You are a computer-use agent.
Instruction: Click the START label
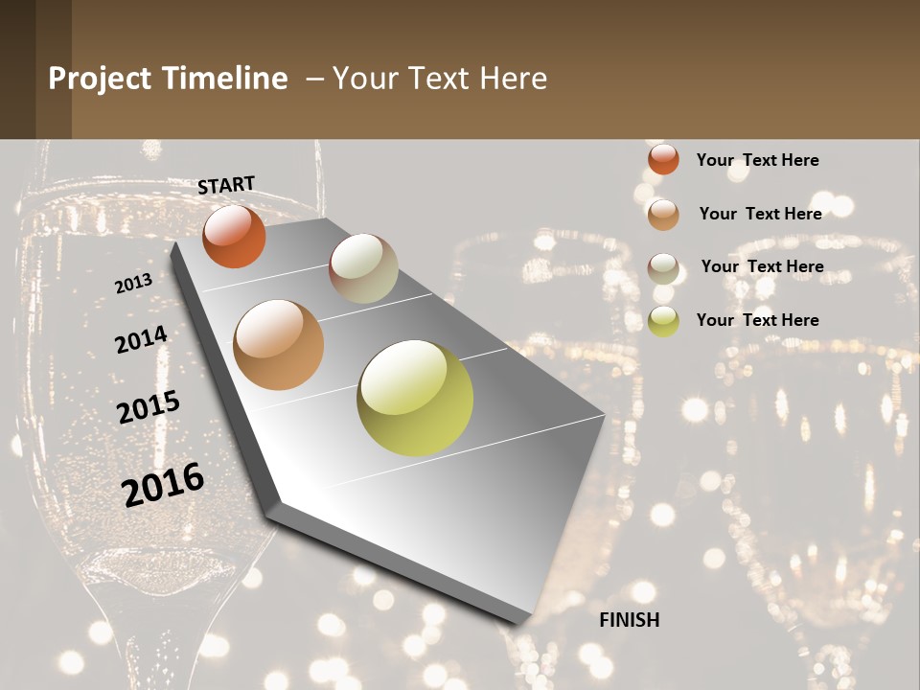(226, 185)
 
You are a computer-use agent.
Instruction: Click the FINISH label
(630, 620)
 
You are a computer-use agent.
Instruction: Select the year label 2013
(134, 284)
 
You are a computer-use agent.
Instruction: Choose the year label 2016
(163, 485)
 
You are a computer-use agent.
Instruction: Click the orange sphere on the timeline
(234, 236)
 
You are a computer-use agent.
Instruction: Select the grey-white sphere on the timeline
(363, 268)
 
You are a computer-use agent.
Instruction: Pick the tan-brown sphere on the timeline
(279, 345)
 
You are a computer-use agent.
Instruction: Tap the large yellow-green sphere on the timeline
(415, 398)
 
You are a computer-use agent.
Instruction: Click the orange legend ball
(663, 159)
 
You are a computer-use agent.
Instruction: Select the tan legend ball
(663, 215)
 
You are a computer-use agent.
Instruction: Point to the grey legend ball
(663, 268)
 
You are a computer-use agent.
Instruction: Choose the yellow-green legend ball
(663, 321)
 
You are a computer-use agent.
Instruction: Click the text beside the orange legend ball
(757, 160)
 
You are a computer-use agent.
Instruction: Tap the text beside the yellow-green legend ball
(757, 320)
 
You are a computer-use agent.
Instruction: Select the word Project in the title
(99, 79)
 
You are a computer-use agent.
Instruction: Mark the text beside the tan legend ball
(760, 214)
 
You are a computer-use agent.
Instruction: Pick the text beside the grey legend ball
(762, 266)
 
